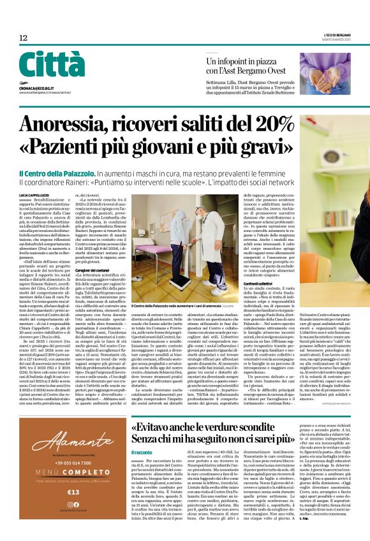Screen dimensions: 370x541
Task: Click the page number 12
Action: click(23, 38)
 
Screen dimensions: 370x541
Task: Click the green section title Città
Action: click(52, 65)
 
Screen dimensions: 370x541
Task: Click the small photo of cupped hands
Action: click(325, 73)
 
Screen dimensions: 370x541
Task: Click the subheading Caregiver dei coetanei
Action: click(94, 271)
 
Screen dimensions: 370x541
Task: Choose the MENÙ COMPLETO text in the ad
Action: click(71, 462)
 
